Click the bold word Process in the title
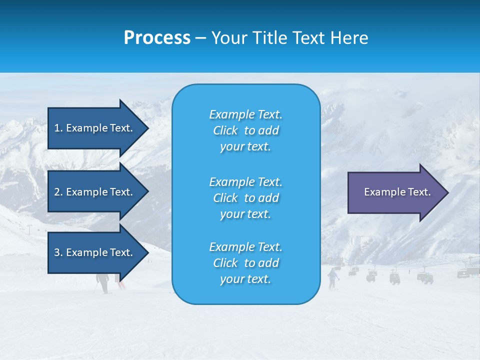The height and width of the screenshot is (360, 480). (157, 38)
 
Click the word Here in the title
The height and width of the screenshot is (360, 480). (349, 38)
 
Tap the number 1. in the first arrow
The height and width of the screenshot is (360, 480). (58, 128)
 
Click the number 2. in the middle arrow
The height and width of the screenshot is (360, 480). (58, 192)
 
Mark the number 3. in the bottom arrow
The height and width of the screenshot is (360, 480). (58, 252)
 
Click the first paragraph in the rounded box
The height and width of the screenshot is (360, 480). (245, 130)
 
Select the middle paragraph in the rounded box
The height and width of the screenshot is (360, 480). (245, 198)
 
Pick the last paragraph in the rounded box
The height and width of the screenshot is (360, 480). (245, 263)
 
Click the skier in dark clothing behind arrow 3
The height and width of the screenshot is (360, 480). (103, 282)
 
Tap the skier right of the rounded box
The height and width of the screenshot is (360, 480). (332, 278)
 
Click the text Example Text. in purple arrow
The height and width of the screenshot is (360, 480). (397, 192)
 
